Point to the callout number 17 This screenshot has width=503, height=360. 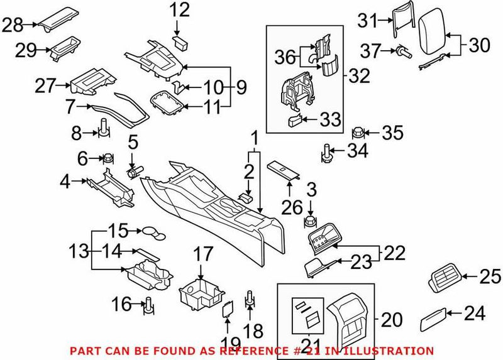point(202,255)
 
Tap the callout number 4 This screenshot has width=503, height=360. point(65,183)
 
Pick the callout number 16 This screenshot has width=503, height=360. point(121,305)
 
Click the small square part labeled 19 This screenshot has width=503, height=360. point(229,308)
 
